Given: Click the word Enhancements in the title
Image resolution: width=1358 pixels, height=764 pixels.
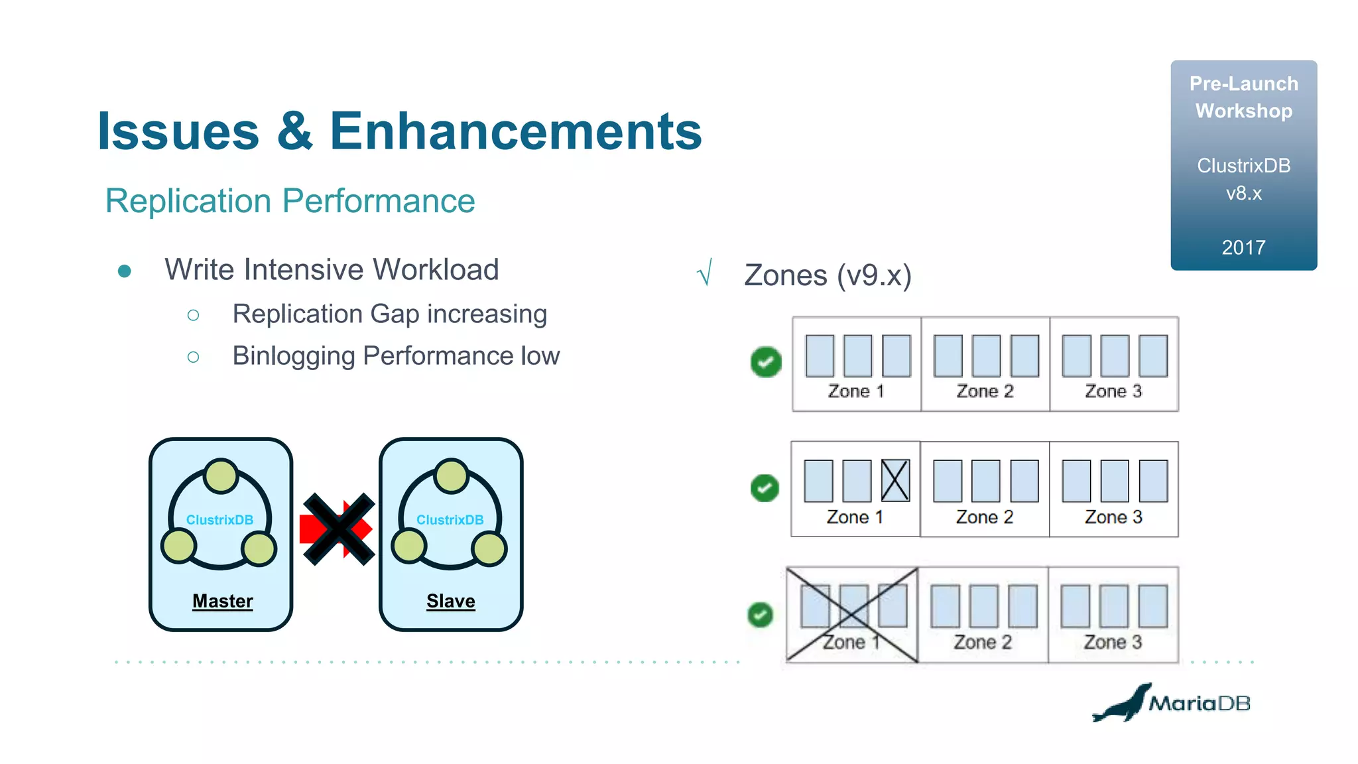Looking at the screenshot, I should [x=515, y=132].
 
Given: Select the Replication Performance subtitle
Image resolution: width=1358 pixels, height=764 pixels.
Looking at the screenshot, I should [x=290, y=201].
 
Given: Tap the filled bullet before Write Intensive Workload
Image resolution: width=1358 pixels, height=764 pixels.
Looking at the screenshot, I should [x=124, y=271].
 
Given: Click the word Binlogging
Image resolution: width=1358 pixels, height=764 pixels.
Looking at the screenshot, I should [x=293, y=356].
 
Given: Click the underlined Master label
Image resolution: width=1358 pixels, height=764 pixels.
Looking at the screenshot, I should [x=222, y=601].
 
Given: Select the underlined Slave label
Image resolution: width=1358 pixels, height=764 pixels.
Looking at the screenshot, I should [x=450, y=601].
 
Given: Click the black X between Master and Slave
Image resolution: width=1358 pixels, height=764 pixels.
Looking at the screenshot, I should [x=338, y=529].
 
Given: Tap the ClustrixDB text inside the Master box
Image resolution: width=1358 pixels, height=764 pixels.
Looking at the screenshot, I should [x=219, y=520].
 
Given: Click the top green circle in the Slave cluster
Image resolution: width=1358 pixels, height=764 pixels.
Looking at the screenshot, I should [x=452, y=476].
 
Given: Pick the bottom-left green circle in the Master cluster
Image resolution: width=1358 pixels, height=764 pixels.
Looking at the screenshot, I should [x=179, y=546].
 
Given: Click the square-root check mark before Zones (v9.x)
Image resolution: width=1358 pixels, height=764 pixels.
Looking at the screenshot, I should [x=705, y=273].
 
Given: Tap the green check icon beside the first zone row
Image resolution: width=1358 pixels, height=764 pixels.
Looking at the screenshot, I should [x=766, y=362].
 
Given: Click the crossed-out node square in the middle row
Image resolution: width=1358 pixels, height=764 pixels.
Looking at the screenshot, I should [x=895, y=481].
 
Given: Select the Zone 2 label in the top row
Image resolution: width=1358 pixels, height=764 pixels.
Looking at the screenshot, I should [x=985, y=391].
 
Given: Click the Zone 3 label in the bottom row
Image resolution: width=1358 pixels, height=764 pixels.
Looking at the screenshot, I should [x=1113, y=642].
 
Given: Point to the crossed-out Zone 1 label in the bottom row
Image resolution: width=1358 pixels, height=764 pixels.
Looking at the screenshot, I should [x=851, y=642].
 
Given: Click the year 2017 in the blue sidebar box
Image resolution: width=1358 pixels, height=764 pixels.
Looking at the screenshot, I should [x=1243, y=247].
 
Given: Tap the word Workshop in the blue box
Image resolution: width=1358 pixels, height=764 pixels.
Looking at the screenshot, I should [x=1243, y=111].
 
